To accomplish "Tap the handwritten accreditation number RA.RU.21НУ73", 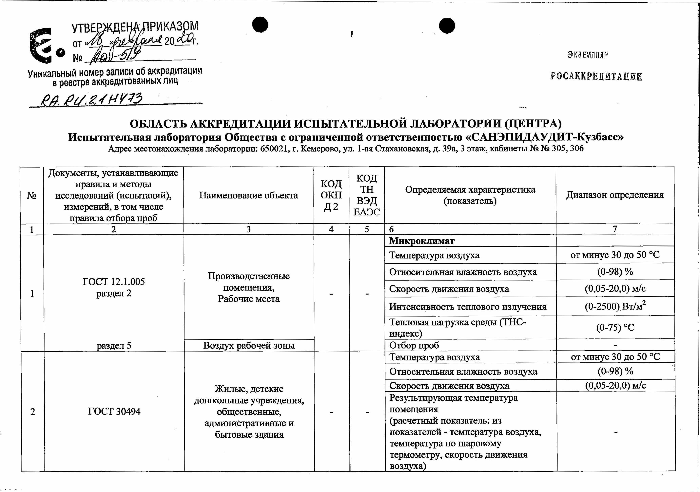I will point(91,100).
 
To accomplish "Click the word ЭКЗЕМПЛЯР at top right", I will point(588,55).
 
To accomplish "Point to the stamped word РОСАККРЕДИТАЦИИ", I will point(596,76).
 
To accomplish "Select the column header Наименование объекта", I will point(248,195).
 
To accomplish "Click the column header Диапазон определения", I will point(615,195).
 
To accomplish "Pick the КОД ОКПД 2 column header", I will point(331,195).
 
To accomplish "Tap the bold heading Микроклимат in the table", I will point(422,241).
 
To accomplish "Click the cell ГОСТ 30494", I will point(114,411).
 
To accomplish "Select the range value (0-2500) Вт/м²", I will point(615,306).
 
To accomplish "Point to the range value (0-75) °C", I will point(615,327).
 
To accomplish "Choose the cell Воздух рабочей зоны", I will point(249,345).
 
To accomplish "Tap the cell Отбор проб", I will point(414,345).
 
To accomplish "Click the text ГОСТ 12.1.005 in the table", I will point(113,282).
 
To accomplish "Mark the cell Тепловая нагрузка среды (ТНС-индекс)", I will point(457,327).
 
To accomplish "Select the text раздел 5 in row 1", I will point(114,345).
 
